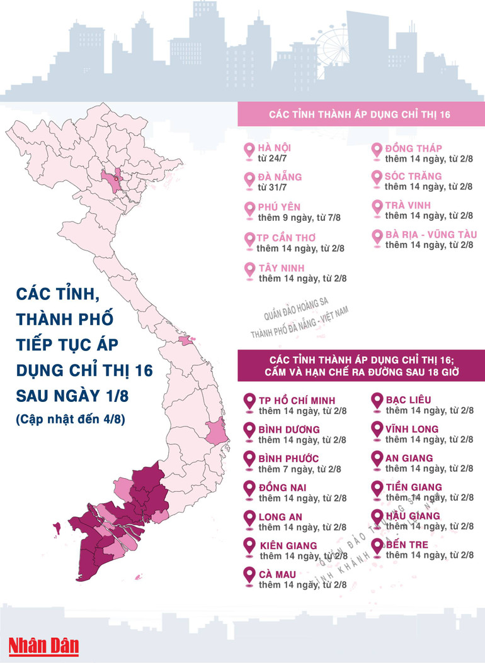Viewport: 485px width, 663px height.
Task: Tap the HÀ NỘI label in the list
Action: (x=275, y=148)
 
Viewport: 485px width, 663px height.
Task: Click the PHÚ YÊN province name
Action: (x=279, y=207)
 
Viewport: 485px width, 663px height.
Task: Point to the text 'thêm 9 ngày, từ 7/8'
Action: (x=299, y=218)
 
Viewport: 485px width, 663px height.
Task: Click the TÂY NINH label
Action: (x=281, y=268)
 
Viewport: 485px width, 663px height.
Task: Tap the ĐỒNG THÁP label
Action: (x=413, y=148)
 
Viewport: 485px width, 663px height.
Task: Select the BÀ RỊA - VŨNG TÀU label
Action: (x=431, y=235)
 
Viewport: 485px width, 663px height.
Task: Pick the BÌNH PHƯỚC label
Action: (x=288, y=458)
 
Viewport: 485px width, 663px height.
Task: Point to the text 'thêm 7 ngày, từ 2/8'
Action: (x=300, y=469)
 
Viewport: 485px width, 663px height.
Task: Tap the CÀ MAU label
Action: (x=277, y=574)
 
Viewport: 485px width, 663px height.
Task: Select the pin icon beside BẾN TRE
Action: (x=377, y=547)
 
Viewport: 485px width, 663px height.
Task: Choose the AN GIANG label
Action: (x=409, y=458)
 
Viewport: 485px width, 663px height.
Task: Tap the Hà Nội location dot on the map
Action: (x=116, y=179)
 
